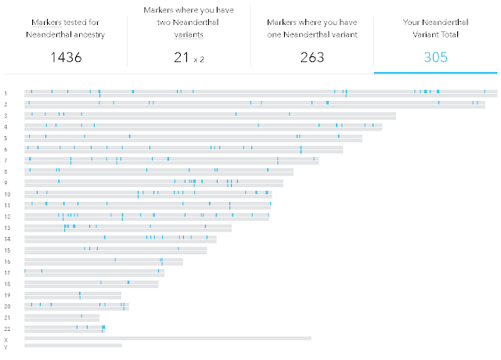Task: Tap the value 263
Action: click(x=312, y=56)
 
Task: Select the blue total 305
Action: click(x=437, y=56)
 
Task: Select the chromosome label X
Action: click(x=5, y=340)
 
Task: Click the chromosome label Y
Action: click(x=5, y=346)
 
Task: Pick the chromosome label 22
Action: click(x=6, y=329)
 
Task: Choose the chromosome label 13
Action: click(x=7, y=228)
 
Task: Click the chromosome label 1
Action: click(x=5, y=93)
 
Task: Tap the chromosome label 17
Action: click(x=7, y=272)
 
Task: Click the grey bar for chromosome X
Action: click(x=168, y=339)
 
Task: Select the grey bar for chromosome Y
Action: click(x=74, y=345)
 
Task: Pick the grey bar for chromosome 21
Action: click(x=62, y=317)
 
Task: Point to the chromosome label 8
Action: click(x=5, y=171)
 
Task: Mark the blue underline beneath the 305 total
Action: click(x=437, y=73)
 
